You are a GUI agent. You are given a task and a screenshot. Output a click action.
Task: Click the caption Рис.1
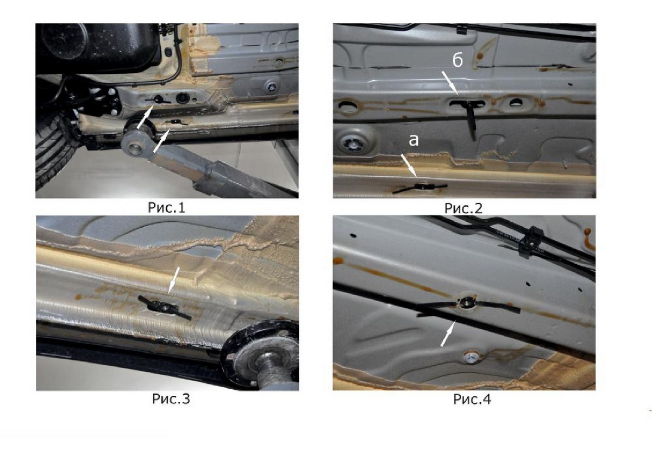click(x=166, y=208)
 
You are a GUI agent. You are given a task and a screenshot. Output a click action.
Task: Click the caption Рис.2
click(x=463, y=208)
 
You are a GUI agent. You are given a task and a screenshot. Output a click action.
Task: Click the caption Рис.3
click(x=171, y=398)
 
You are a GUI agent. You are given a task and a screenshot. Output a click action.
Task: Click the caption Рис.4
click(x=472, y=399)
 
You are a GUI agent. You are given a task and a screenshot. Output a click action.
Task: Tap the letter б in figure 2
click(x=457, y=60)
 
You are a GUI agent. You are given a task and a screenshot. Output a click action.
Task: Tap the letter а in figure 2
click(x=413, y=140)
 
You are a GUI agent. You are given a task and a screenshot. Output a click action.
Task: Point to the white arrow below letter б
click(x=450, y=83)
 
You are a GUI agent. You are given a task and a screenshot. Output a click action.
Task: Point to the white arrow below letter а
click(x=409, y=166)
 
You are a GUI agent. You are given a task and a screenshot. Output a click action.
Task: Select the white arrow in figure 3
click(x=173, y=279)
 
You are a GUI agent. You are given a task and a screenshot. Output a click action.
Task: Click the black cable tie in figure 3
click(x=165, y=308)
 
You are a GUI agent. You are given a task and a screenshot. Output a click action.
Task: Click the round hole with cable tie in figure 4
click(x=467, y=302)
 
